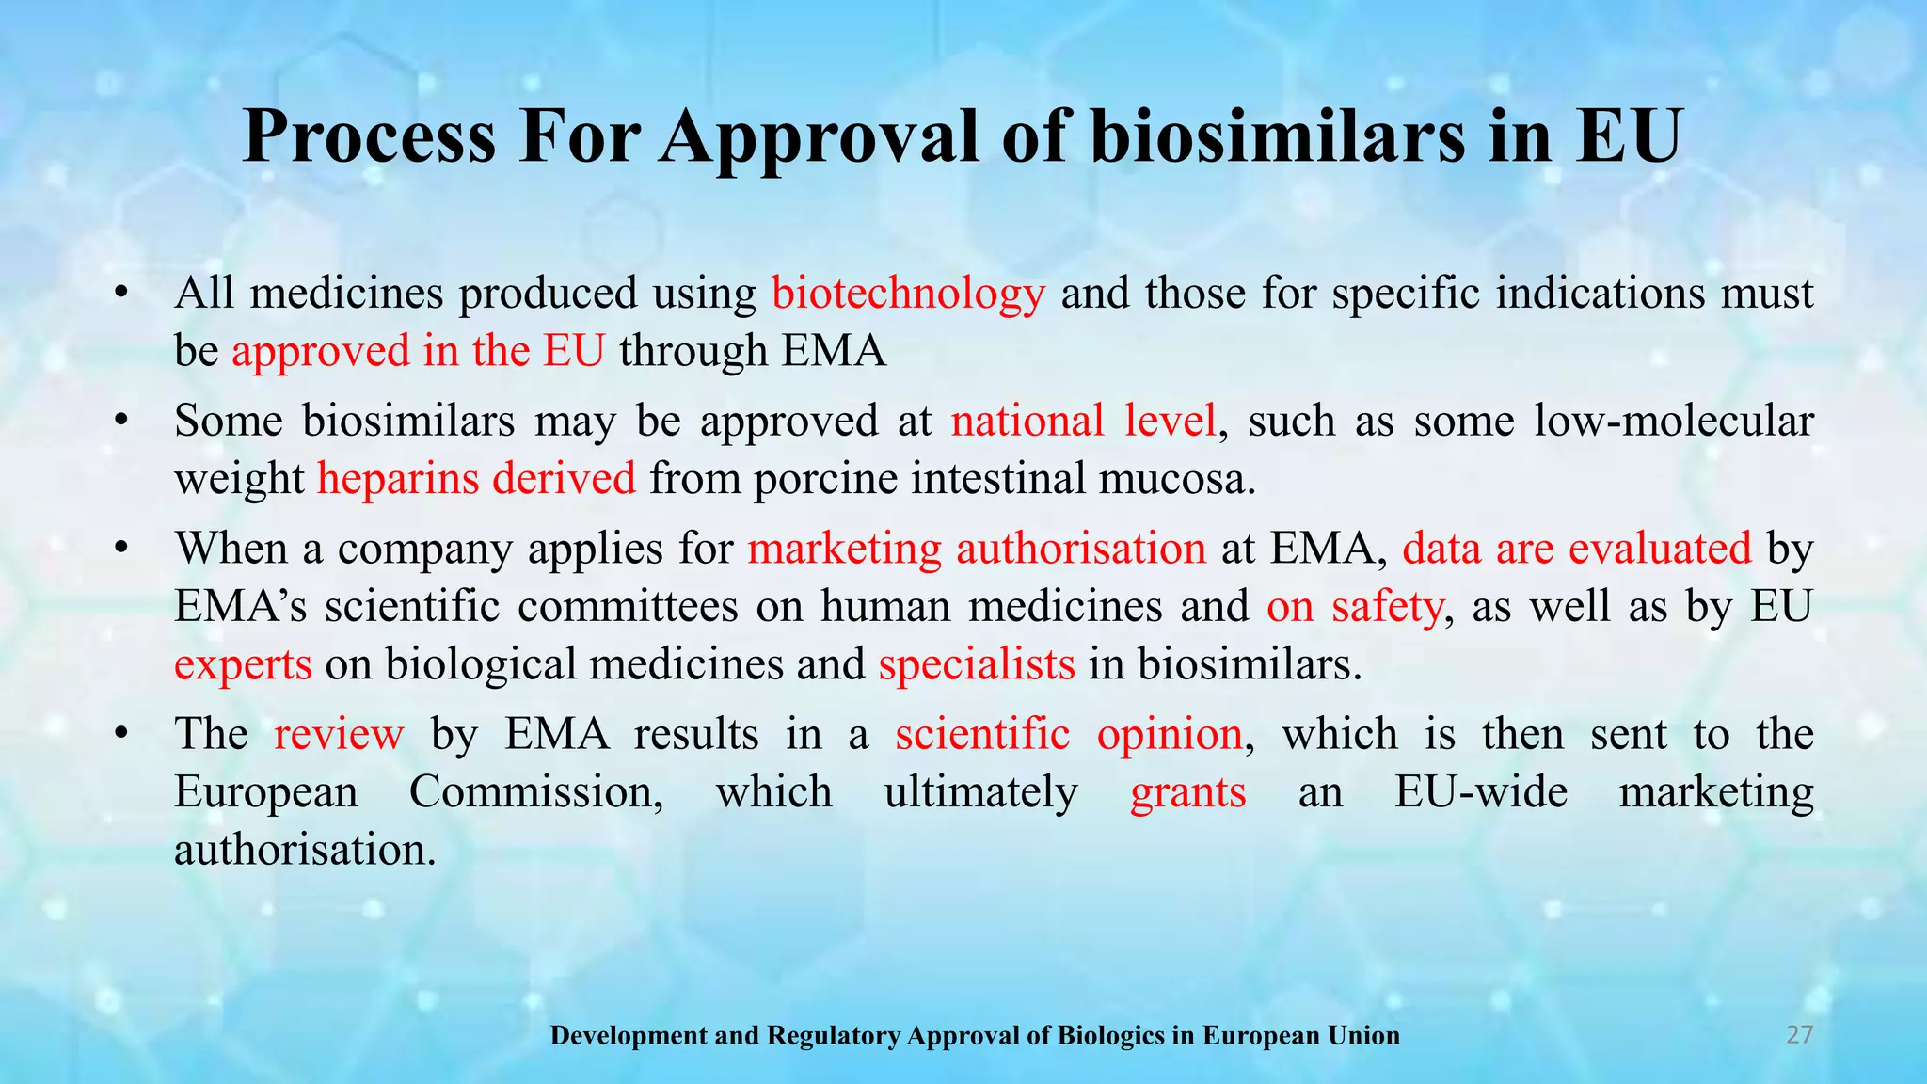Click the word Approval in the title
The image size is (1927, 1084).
tap(819, 137)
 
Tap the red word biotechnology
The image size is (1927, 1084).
tap(908, 294)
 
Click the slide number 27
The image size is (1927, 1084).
tap(1799, 1035)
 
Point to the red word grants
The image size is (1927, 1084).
tap(1187, 792)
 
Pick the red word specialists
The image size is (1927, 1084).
tap(977, 665)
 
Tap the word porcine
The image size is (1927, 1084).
tap(820, 479)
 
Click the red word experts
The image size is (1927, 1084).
tap(243, 665)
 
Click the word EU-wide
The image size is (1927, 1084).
tap(1481, 792)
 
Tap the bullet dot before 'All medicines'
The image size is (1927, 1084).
tap(119, 295)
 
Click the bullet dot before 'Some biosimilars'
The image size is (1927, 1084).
tap(119, 422)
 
